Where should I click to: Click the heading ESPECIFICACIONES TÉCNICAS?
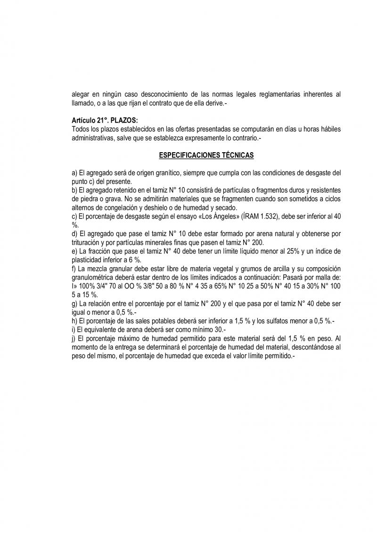(x=206, y=155)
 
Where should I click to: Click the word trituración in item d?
(x=87, y=243)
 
